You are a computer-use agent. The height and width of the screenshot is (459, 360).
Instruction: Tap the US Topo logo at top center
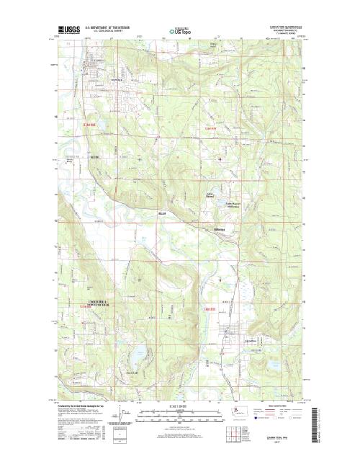pyautogui.click(x=180, y=32)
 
